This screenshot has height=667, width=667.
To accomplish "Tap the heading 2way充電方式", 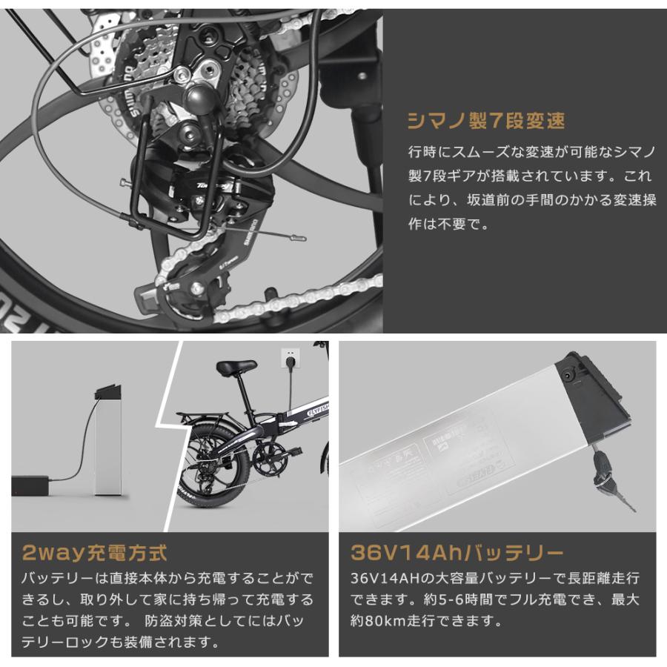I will point(94,552).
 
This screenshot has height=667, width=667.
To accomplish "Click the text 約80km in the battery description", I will point(376,620).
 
